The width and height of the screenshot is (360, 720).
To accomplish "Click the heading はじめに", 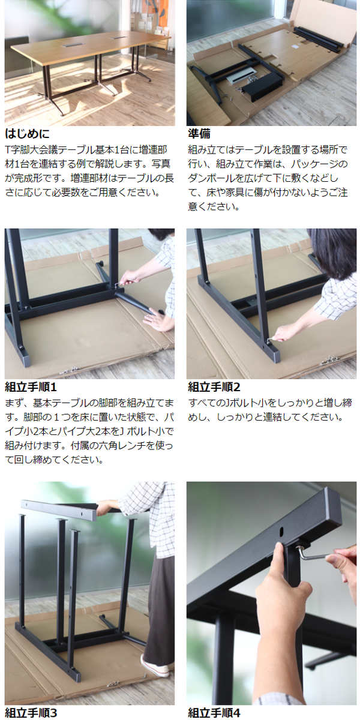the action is [28, 134].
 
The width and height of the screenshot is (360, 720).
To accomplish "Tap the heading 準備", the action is [199, 134].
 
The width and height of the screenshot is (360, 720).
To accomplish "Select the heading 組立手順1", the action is [31, 387].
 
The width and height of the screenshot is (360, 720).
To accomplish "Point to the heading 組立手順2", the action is [214, 387].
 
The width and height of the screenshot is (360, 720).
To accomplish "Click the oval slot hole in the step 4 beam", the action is [282, 532].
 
